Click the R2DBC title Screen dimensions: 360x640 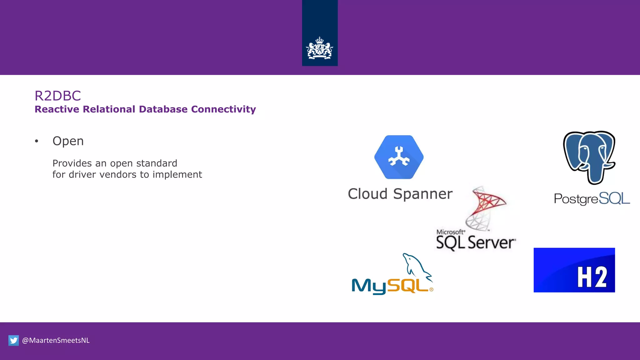tap(58, 96)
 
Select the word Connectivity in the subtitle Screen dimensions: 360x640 tap(223, 109)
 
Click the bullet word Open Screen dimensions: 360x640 tap(68, 141)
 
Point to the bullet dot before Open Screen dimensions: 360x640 tap(37, 141)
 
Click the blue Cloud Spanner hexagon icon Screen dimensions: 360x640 tap(399, 157)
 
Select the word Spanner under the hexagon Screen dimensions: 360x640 tap(422, 194)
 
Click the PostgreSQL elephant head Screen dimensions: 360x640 tap(589, 156)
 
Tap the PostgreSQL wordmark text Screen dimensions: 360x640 tap(592, 199)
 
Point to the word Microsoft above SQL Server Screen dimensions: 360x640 tap(450, 232)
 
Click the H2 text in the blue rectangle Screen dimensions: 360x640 tap(592, 277)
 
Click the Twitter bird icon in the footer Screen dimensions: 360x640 tap(14, 340)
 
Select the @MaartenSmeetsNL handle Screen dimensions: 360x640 tap(56, 340)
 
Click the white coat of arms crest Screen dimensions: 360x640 tap(319, 48)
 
